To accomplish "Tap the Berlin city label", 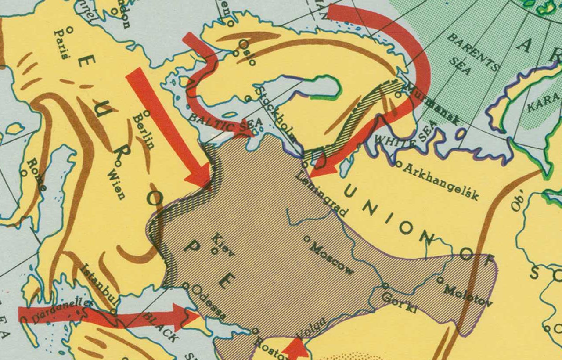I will (144, 131).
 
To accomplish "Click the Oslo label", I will (247, 52).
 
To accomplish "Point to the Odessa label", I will (213, 305).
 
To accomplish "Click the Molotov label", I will (468, 295).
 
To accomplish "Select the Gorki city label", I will (399, 303).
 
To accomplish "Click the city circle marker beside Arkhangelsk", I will (398, 164).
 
